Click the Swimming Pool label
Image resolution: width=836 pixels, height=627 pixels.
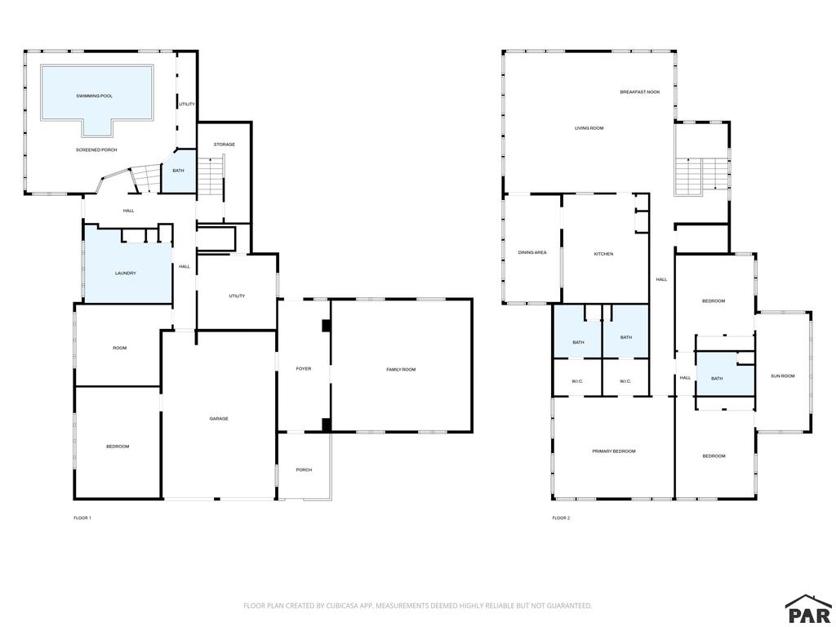coord(95,96)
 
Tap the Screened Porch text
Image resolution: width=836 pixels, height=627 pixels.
coord(96,150)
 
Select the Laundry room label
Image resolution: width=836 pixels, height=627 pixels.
coord(125,273)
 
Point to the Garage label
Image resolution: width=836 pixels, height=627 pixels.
coord(219,419)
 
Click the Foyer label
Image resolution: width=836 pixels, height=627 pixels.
coord(304,368)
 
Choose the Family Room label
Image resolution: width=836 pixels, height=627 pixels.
coord(401,370)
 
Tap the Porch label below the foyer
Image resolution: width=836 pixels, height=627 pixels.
coord(304,469)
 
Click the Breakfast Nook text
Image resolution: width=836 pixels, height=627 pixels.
coord(640,91)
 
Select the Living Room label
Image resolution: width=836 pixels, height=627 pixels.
coord(589,128)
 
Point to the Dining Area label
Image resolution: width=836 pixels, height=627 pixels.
coord(532,252)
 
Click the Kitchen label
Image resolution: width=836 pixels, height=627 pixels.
coord(603,254)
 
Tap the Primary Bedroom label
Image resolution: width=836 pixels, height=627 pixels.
coord(614,451)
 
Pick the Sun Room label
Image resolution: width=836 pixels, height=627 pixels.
coord(783,376)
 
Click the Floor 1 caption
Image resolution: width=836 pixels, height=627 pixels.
coord(82,518)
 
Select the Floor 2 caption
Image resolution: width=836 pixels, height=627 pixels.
coord(561,518)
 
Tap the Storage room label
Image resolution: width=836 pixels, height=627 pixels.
coord(224,145)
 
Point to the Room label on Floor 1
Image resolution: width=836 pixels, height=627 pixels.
coord(119,348)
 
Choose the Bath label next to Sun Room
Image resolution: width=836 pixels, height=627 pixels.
coord(717,379)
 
